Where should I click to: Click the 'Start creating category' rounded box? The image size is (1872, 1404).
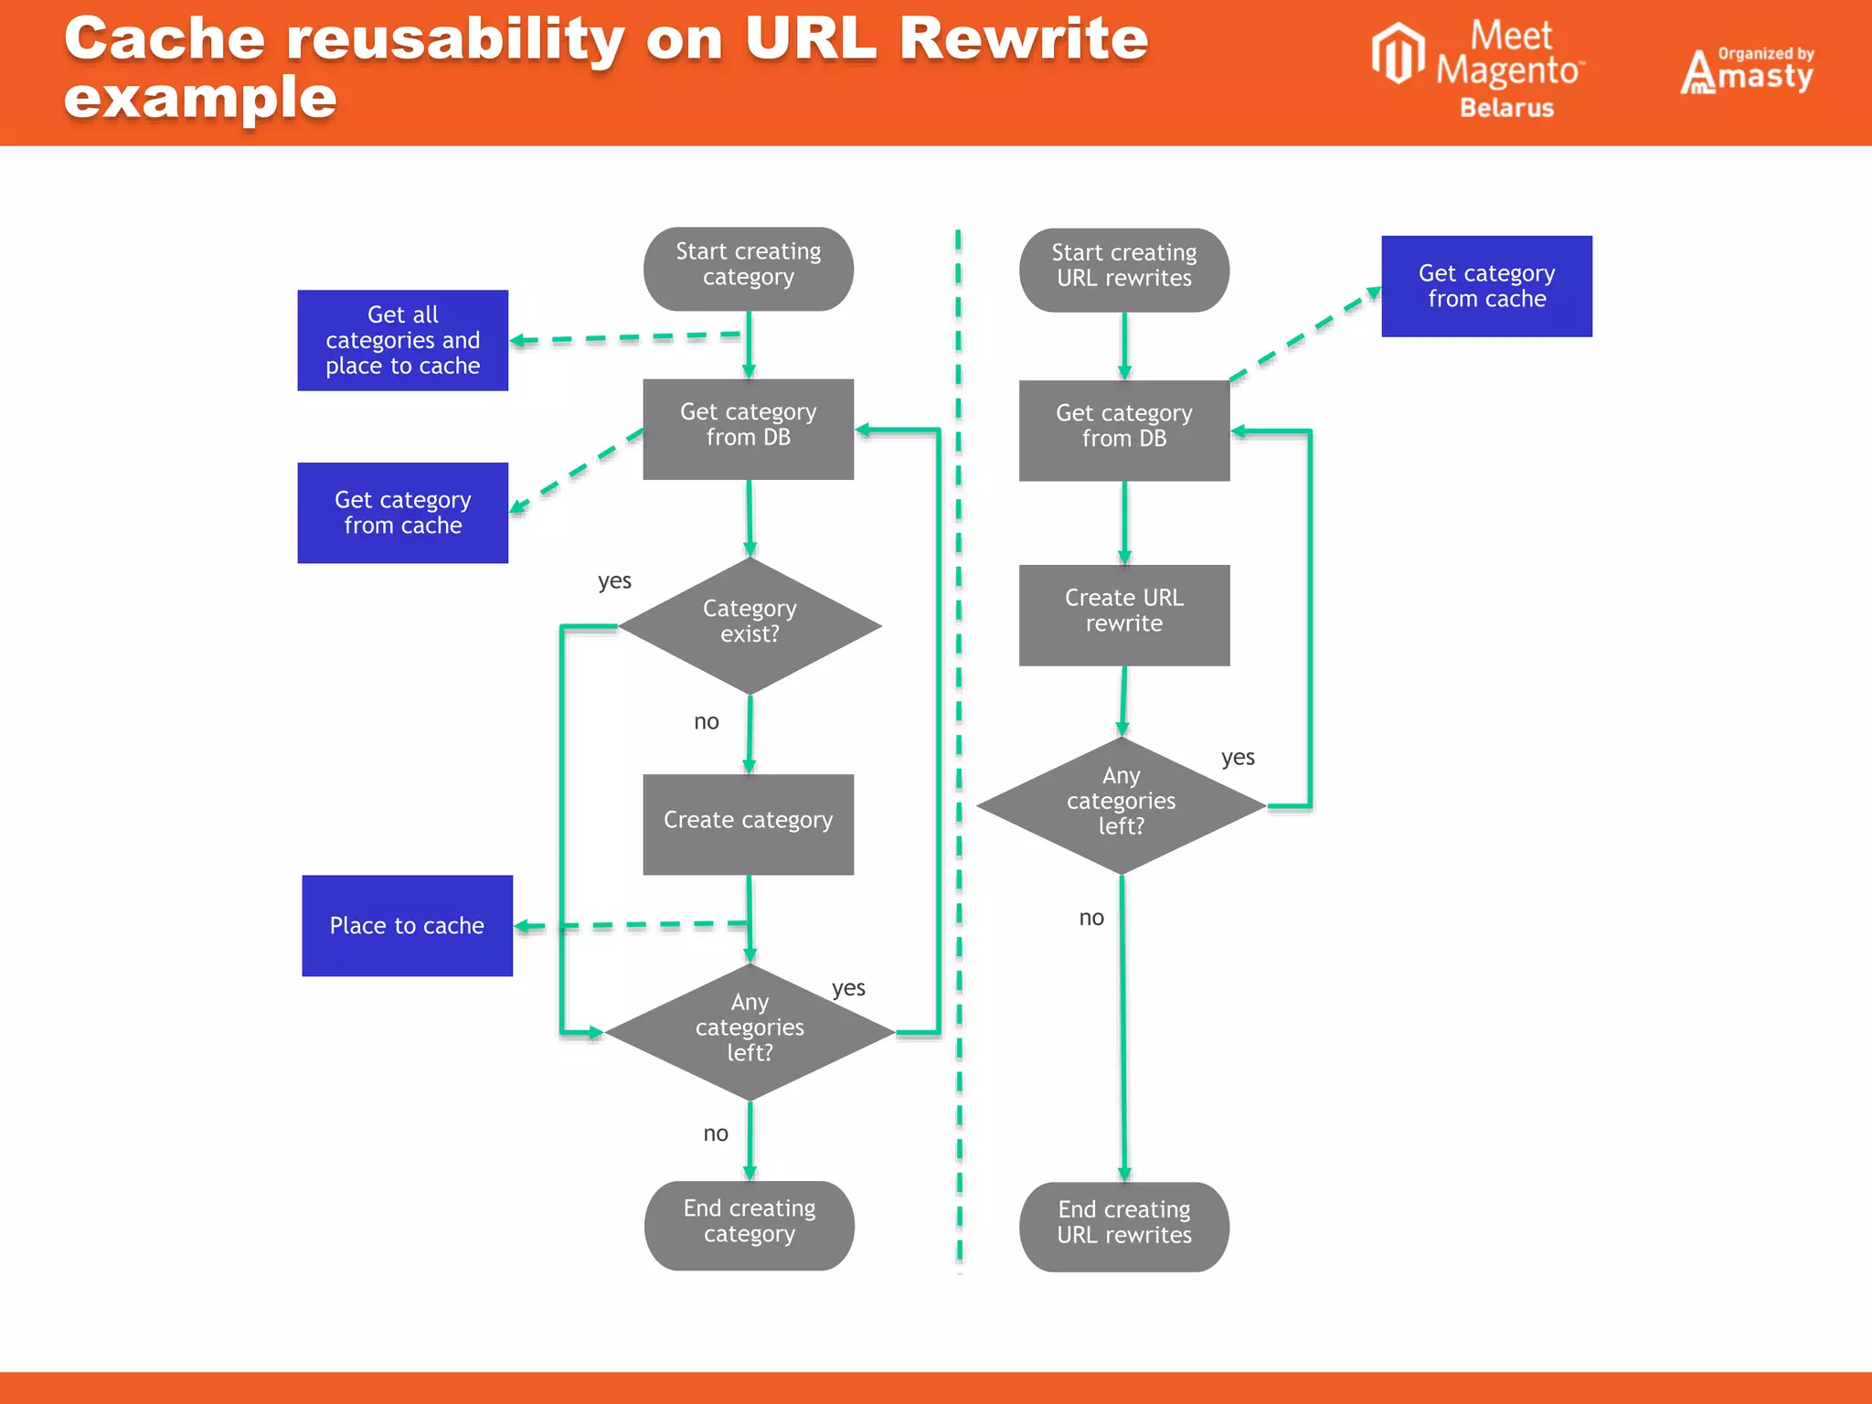click(748, 269)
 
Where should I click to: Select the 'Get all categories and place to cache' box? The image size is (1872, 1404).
click(402, 340)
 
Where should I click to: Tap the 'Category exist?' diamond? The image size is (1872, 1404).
click(750, 626)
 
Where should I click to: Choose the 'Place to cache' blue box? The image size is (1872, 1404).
click(407, 925)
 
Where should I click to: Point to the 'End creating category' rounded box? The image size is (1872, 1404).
click(749, 1225)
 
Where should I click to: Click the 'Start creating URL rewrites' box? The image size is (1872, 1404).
click(1123, 270)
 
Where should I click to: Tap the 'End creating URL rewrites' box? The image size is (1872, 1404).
click(1123, 1226)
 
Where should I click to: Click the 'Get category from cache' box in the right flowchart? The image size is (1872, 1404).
click(1486, 286)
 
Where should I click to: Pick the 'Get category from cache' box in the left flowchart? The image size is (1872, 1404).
click(402, 512)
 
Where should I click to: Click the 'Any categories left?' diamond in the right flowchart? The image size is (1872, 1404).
click(1121, 804)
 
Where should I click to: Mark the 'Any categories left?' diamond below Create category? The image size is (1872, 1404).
click(750, 1031)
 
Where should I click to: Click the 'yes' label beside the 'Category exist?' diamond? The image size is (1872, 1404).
click(614, 581)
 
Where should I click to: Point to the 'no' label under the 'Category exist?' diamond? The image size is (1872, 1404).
click(706, 722)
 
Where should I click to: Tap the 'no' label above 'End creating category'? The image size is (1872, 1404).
click(715, 1134)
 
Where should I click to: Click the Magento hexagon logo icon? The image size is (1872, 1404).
click(1398, 54)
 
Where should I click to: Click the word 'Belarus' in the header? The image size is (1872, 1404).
click(1506, 108)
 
